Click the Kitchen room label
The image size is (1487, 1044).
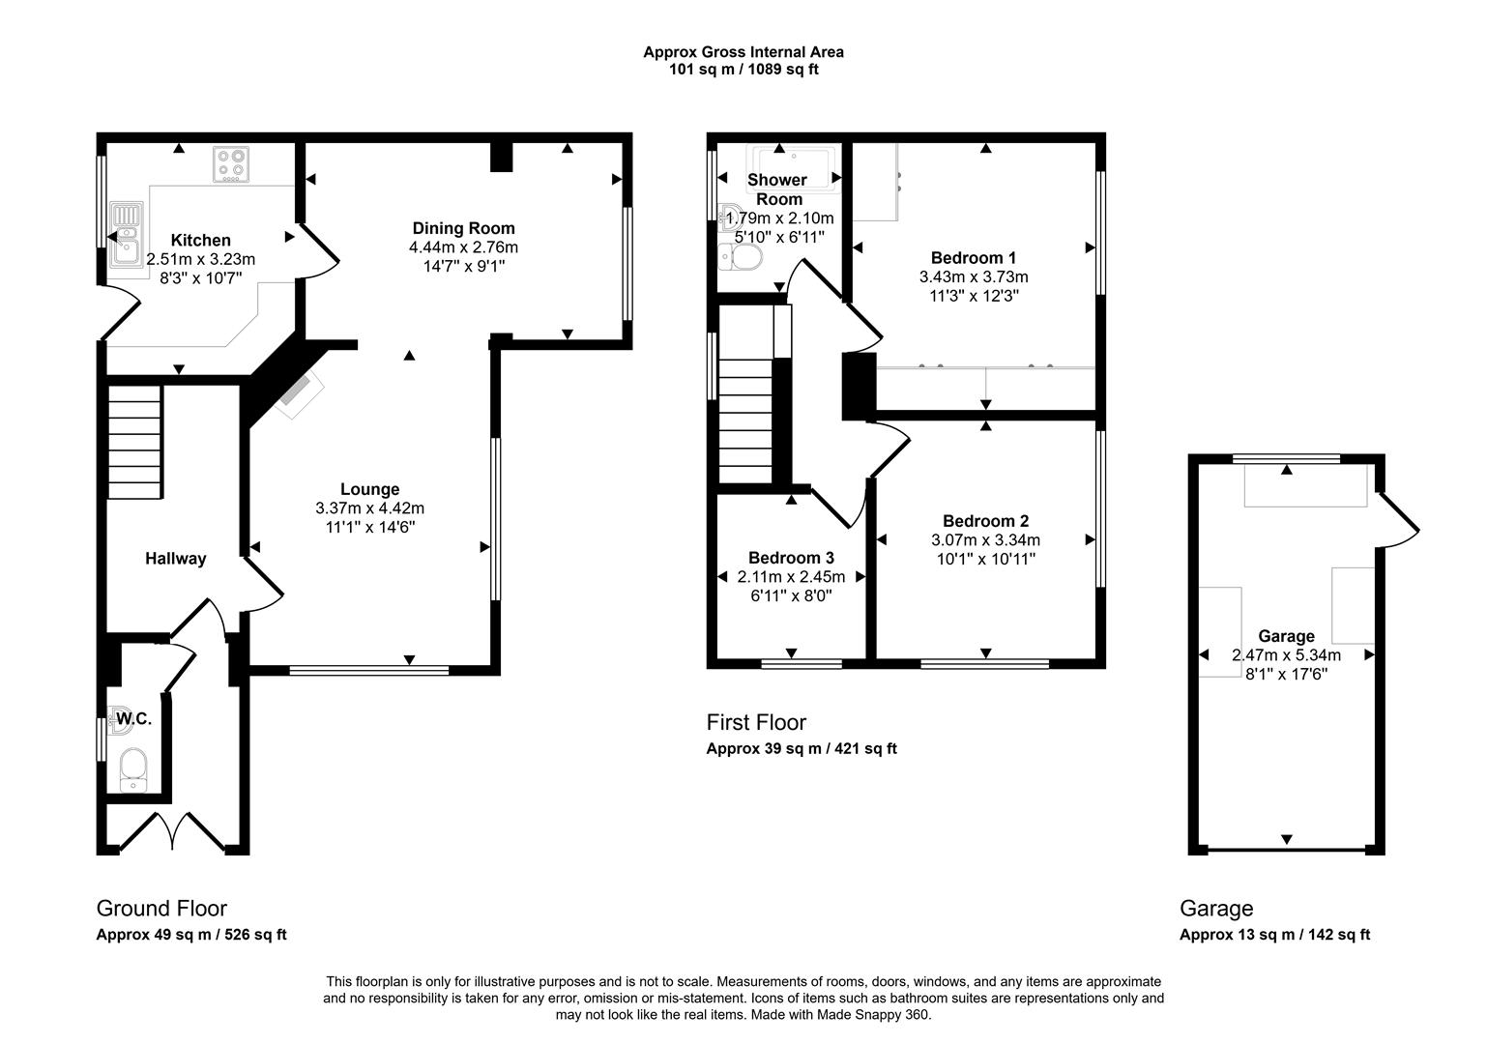click(201, 241)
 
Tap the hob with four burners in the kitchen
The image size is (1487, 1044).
click(231, 164)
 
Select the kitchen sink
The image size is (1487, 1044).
click(126, 233)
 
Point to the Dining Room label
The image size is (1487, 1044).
click(464, 229)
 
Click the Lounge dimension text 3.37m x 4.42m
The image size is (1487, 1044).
click(369, 508)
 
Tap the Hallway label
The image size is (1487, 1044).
click(176, 559)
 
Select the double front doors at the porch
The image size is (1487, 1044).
click(173, 831)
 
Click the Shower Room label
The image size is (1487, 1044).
click(777, 189)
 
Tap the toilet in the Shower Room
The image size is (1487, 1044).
click(742, 256)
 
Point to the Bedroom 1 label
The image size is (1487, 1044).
click(974, 258)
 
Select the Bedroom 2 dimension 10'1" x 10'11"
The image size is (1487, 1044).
click(986, 559)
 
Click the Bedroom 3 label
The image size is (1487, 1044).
click(791, 559)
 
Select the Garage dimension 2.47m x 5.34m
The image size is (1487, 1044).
click(1286, 655)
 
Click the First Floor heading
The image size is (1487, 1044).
click(756, 723)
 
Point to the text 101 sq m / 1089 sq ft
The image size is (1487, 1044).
click(743, 70)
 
